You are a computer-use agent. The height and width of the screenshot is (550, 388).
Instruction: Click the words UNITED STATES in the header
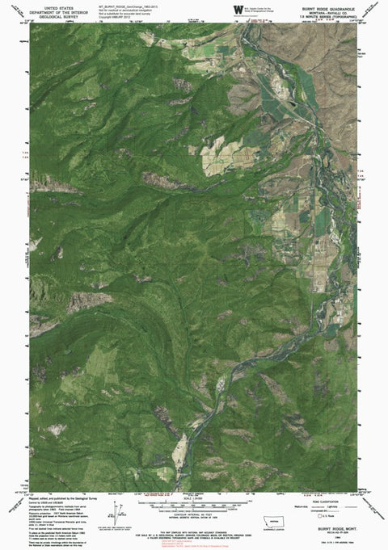[57, 5]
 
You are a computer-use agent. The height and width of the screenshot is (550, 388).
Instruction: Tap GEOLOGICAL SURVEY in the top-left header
[57, 15]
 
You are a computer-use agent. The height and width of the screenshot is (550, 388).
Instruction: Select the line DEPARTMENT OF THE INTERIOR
[57, 10]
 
